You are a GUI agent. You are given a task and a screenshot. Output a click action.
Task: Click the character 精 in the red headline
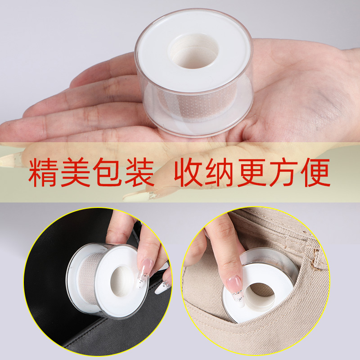pos(43,172)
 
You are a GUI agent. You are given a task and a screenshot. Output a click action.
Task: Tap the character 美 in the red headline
pos(75,172)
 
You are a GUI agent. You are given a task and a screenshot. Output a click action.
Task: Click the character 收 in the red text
pos(189,172)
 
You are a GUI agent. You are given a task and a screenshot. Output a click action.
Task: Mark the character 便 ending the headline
pos(316,172)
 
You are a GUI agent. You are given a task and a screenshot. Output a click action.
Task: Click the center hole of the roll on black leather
pos(121,281)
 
